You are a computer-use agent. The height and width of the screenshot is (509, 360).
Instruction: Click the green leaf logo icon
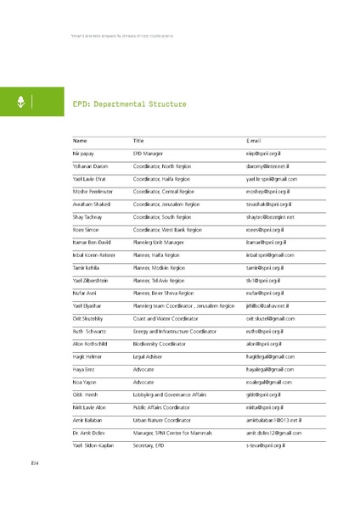20,103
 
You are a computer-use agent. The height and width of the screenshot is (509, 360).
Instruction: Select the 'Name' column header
81,141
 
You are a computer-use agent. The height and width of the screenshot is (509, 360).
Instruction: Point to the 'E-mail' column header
253,141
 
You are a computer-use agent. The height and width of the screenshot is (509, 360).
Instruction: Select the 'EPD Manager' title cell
149,154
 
